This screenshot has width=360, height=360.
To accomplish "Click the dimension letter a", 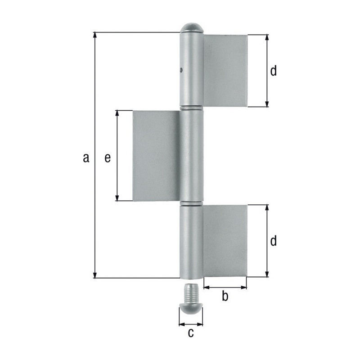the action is (x=86, y=158).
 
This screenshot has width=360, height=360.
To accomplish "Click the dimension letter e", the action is (x=108, y=158).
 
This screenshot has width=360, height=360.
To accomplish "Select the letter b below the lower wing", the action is (x=225, y=296).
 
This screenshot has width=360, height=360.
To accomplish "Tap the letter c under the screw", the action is (x=191, y=333).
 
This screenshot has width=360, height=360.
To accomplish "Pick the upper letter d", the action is (x=273, y=71).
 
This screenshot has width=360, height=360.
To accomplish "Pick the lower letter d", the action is (x=273, y=241).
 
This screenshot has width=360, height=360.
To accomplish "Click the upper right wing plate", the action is (x=225, y=71).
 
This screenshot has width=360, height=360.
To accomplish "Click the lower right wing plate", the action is (x=225, y=241).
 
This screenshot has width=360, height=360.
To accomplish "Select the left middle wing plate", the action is (x=156, y=156).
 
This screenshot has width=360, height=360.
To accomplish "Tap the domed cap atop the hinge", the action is (x=192, y=27).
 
